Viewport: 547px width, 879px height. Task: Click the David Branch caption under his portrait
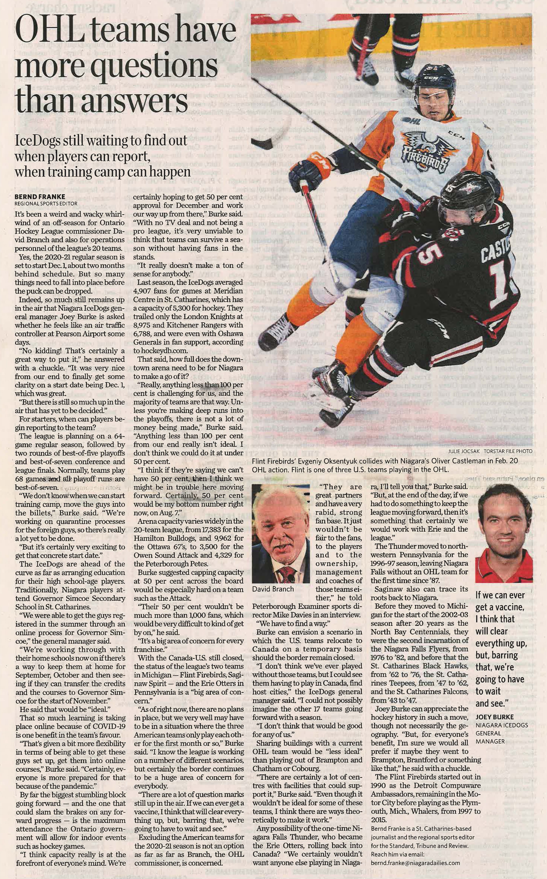click(273, 589)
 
